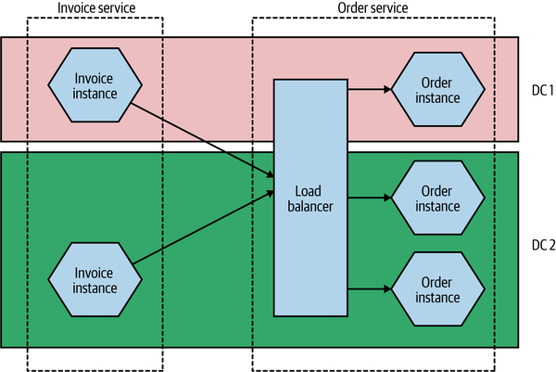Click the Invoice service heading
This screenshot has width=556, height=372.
[x=96, y=7]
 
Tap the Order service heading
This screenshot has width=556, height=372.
[x=373, y=7]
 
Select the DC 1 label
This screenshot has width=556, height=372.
[x=542, y=91]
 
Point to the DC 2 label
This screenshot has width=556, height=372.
[x=543, y=245]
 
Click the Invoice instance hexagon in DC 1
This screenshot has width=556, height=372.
[x=95, y=85]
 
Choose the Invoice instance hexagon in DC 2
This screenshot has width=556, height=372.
[x=95, y=280]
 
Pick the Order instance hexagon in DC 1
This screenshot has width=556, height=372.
[x=438, y=89]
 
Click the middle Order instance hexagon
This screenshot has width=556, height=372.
[x=438, y=198]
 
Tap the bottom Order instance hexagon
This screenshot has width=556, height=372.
[x=438, y=289]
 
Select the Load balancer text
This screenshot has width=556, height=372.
[x=310, y=199]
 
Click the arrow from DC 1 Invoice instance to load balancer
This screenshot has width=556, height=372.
[x=202, y=140]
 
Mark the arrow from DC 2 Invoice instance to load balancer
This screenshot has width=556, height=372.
[x=204, y=227]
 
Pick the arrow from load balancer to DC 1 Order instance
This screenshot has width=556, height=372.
[x=370, y=89]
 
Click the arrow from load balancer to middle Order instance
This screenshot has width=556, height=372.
[x=370, y=198]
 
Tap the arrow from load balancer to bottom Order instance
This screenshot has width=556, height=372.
[x=370, y=289]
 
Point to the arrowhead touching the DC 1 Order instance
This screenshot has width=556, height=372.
[x=387, y=89]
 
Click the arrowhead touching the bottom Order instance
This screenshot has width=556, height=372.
[x=387, y=289]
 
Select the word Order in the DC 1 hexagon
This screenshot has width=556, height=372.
[x=436, y=83]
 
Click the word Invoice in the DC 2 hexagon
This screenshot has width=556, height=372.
[x=94, y=273]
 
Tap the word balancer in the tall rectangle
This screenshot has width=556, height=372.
[x=310, y=206]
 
